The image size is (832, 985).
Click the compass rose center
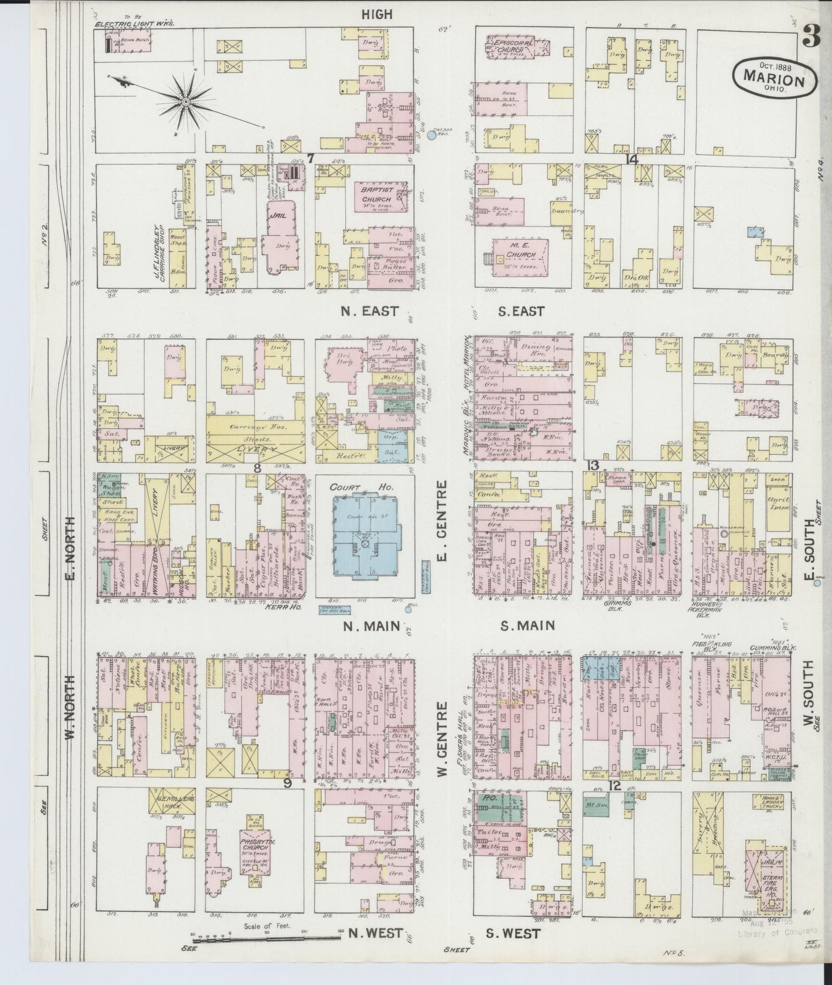coord(186,102)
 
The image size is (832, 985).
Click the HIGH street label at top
coord(377,14)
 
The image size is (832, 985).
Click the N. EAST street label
coord(369,311)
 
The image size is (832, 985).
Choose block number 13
coord(593,466)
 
